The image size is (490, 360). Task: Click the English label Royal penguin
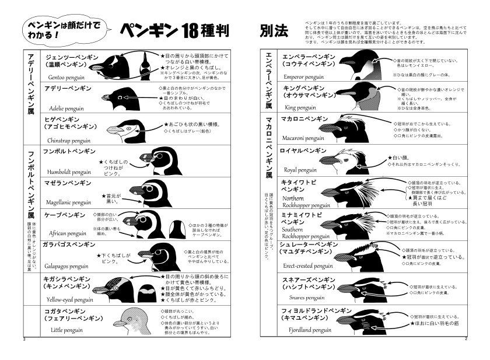coord(299,170)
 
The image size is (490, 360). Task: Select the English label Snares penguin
coord(302,297)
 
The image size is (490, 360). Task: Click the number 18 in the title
coord(183,30)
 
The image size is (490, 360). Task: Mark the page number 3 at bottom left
coord(23,338)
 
